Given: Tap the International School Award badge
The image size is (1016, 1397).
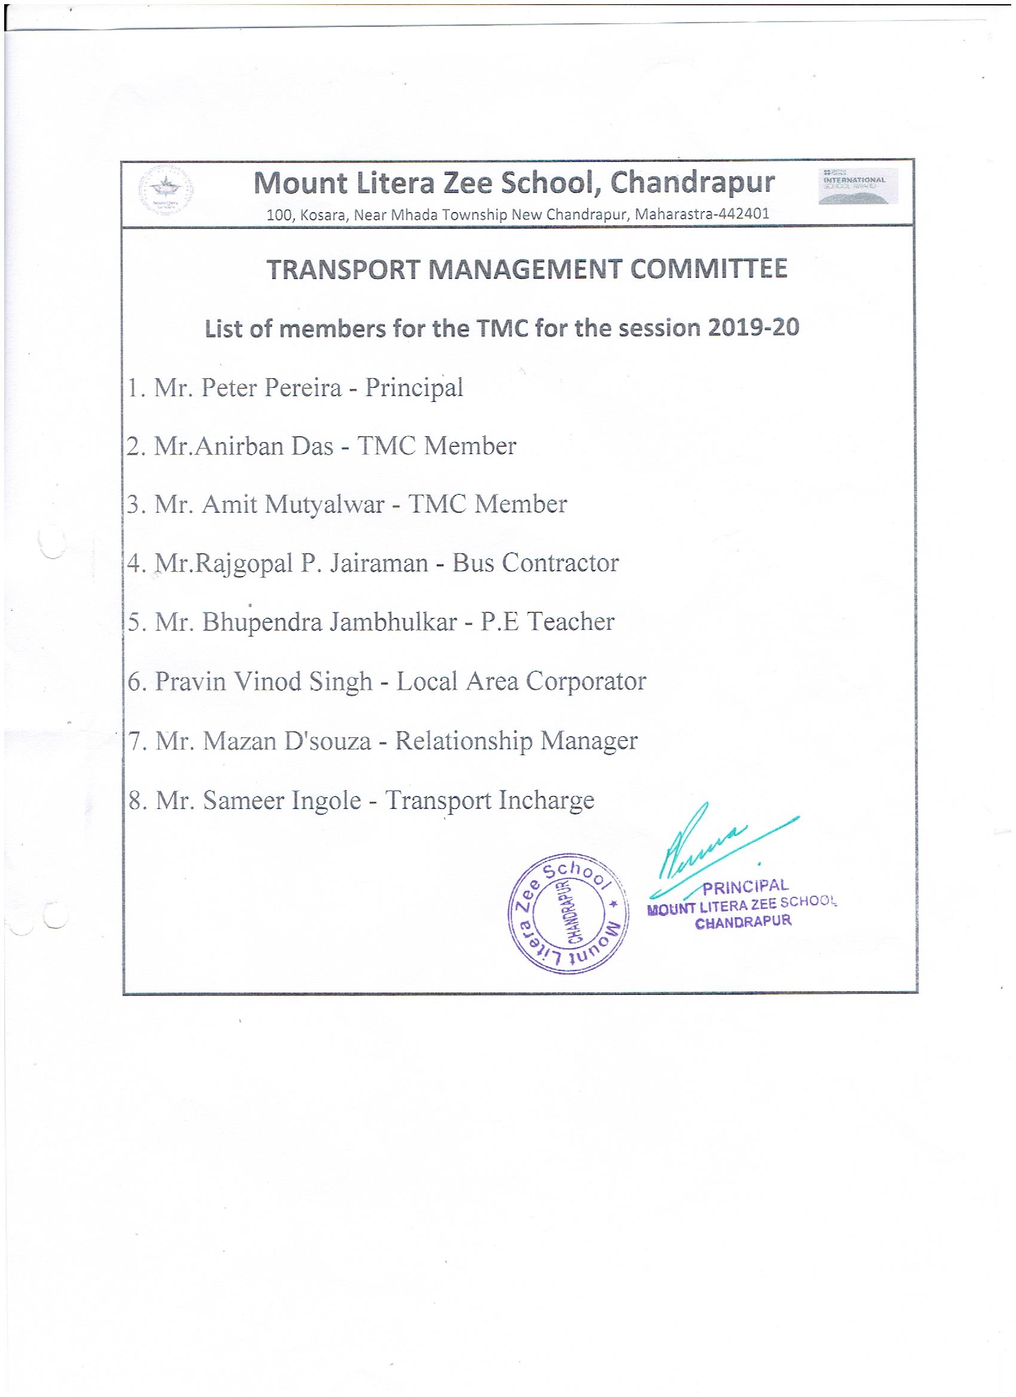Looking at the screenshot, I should (x=858, y=185).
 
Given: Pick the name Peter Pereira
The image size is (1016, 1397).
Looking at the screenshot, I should (x=272, y=388).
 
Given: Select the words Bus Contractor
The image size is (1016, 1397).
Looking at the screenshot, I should (x=535, y=562).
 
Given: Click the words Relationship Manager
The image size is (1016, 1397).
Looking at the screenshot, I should (x=516, y=741).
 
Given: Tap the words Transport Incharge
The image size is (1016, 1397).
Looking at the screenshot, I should (x=490, y=801).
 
